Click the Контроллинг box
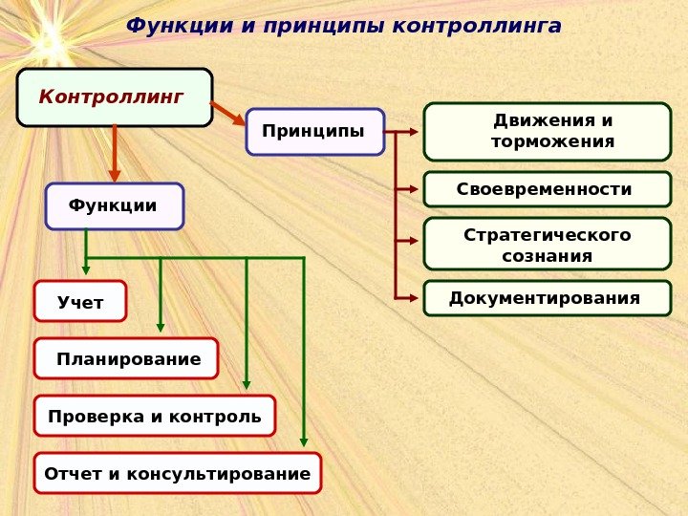(x=114, y=97)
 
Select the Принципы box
(x=314, y=132)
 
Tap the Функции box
(x=114, y=206)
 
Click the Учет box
(x=80, y=301)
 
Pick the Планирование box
(x=126, y=358)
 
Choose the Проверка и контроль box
(x=154, y=416)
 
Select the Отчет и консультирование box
(x=177, y=473)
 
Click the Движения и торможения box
(x=547, y=132)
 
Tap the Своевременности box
(x=547, y=189)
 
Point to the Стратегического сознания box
(x=547, y=244)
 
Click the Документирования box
(x=547, y=298)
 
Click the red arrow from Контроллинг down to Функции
(x=115, y=153)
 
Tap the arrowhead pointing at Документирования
(x=413, y=298)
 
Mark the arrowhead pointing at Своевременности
(x=413, y=189)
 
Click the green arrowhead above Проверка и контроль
(x=247, y=384)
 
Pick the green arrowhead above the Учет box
(x=87, y=269)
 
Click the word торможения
(x=552, y=142)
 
